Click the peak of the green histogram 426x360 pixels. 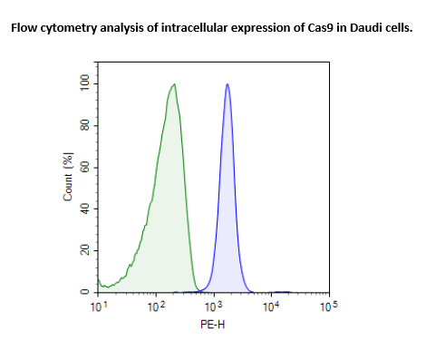pyautogui.click(x=174, y=84)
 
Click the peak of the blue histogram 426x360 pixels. pyautogui.click(x=228, y=84)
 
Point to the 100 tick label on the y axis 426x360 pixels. pyautogui.click(x=84, y=83)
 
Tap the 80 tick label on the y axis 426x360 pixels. pyautogui.click(x=84, y=125)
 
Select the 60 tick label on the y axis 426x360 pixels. pyautogui.click(x=84, y=167)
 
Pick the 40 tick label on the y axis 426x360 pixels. pyautogui.click(x=84, y=209)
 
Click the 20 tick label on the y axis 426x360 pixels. pyautogui.click(x=84, y=250)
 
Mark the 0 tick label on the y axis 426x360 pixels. pyautogui.click(x=84, y=292)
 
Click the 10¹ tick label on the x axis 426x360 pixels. pyautogui.click(x=100, y=308)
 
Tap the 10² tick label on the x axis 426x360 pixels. pyautogui.click(x=157, y=308)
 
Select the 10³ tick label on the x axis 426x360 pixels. pyautogui.click(x=214, y=308)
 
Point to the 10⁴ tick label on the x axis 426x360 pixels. pyautogui.click(x=272, y=308)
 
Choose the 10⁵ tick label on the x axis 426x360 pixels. pyautogui.click(x=329, y=308)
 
